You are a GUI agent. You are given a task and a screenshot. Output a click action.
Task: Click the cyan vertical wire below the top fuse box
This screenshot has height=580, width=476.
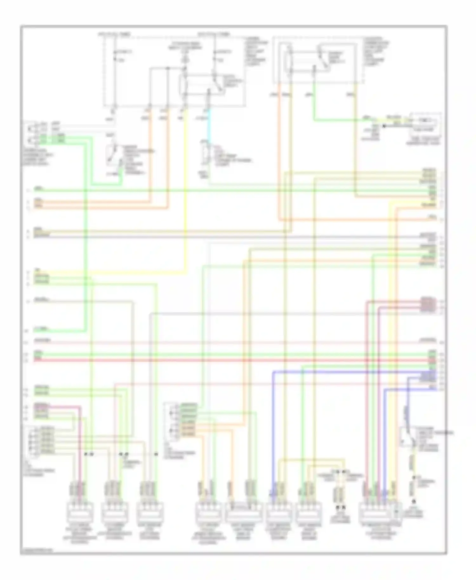click(x=208, y=127)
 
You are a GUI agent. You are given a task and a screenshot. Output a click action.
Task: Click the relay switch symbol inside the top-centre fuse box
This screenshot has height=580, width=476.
click(x=217, y=83)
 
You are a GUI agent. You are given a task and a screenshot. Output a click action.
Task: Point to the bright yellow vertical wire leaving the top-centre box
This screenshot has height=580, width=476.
click(x=185, y=190)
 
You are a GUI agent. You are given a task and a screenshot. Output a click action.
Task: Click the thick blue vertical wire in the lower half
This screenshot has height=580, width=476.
click(x=273, y=428)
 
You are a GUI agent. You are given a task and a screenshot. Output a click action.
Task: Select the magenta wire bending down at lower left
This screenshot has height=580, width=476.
click(x=80, y=444)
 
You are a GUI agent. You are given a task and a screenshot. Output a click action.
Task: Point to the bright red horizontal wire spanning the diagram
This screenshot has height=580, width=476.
click(x=222, y=360)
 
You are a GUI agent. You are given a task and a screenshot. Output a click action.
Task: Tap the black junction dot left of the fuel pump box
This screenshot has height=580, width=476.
click(x=384, y=126)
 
